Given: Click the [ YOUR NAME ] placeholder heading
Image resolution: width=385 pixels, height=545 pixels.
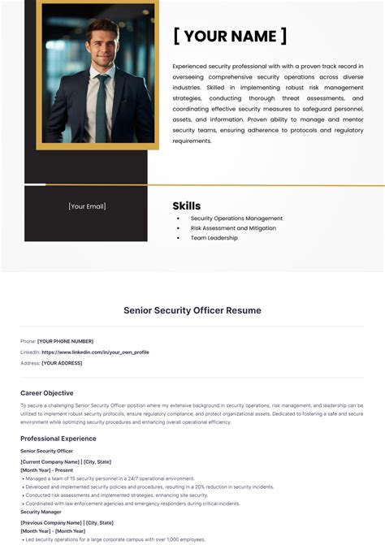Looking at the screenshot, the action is point(230,36).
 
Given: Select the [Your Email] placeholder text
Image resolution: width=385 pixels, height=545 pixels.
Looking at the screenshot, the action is point(87,206).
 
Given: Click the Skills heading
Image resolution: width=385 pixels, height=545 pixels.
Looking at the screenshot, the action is point(187,205).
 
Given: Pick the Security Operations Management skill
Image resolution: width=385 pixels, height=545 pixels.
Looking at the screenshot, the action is point(236,218).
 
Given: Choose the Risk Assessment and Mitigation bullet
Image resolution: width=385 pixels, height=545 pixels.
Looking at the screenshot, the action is point(233,228).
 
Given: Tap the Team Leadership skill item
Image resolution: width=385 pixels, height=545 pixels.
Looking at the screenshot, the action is point(214,238).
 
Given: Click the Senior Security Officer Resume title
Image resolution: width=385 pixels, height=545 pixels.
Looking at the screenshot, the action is point(192,310).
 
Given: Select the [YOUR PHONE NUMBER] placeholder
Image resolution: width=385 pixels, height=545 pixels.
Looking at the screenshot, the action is point(65,341).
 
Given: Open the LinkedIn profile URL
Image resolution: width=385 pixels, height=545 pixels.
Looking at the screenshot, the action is point(95,352).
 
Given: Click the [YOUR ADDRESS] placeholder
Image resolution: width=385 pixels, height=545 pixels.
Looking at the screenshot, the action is point(62,363).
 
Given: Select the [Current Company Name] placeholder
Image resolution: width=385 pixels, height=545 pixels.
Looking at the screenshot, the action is point(50,461).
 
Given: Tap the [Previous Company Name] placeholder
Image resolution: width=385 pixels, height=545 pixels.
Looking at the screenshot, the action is point(50,523).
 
